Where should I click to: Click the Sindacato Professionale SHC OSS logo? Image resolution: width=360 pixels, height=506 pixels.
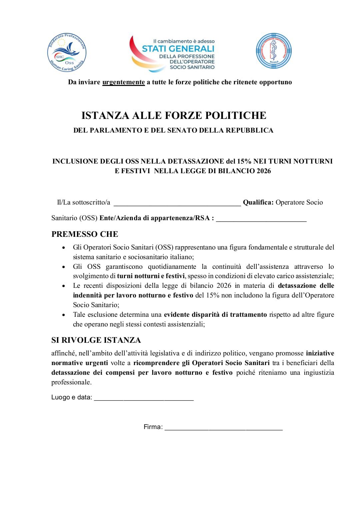[67, 52]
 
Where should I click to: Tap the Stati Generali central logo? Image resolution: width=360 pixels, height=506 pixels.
[173, 53]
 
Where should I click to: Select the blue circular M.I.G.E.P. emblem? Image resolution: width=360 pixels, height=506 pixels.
[274, 51]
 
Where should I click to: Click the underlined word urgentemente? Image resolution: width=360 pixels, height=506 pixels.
[123, 82]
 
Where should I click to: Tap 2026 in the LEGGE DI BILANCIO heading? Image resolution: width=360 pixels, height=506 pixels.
[264, 171]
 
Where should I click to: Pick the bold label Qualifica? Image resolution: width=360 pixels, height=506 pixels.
[258, 202]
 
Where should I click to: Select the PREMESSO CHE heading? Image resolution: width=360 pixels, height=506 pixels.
[85, 234]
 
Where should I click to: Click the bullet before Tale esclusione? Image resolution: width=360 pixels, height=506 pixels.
[64, 315]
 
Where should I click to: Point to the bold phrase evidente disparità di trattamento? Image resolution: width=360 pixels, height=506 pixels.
[215, 314]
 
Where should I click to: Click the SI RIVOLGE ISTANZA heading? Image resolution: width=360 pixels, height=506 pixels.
[96, 340]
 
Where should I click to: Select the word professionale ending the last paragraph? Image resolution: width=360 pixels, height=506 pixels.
[71, 382]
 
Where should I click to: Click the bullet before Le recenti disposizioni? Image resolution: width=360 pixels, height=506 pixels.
[64, 286]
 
